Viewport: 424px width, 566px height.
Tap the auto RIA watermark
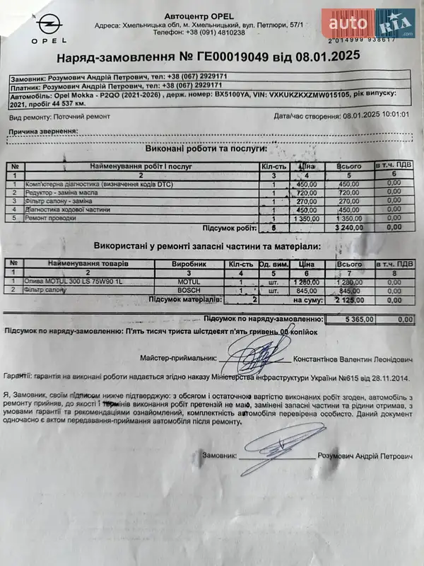[367, 24]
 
